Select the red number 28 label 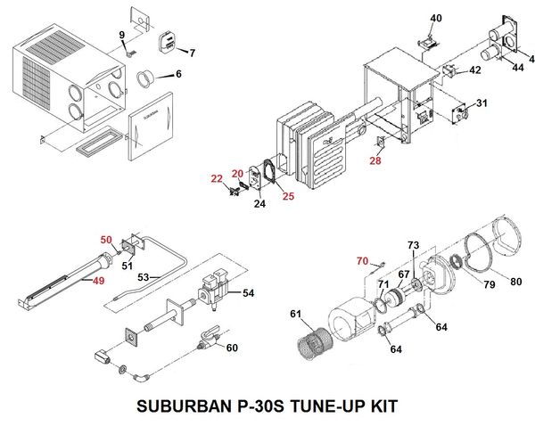point(374,160)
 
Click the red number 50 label point(106,240)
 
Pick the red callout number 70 point(362,260)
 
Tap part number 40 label point(435,19)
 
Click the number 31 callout point(481,103)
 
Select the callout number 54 point(248,292)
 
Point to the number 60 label point(232,347)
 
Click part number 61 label point(295,314)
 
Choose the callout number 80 point(516,283)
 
